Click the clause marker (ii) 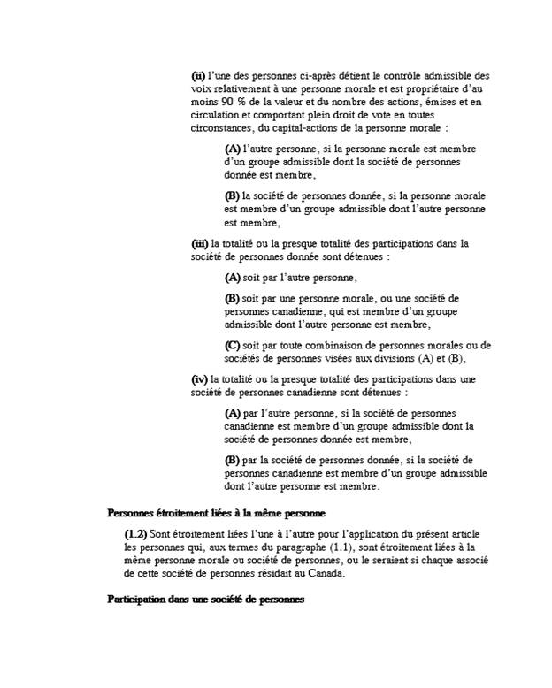198,75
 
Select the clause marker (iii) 200,243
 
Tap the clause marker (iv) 199,378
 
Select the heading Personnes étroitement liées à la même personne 217,513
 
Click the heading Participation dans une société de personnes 206,600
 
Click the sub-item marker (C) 233,345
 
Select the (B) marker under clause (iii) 233,299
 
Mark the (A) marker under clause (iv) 233,412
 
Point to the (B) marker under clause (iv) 233,460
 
